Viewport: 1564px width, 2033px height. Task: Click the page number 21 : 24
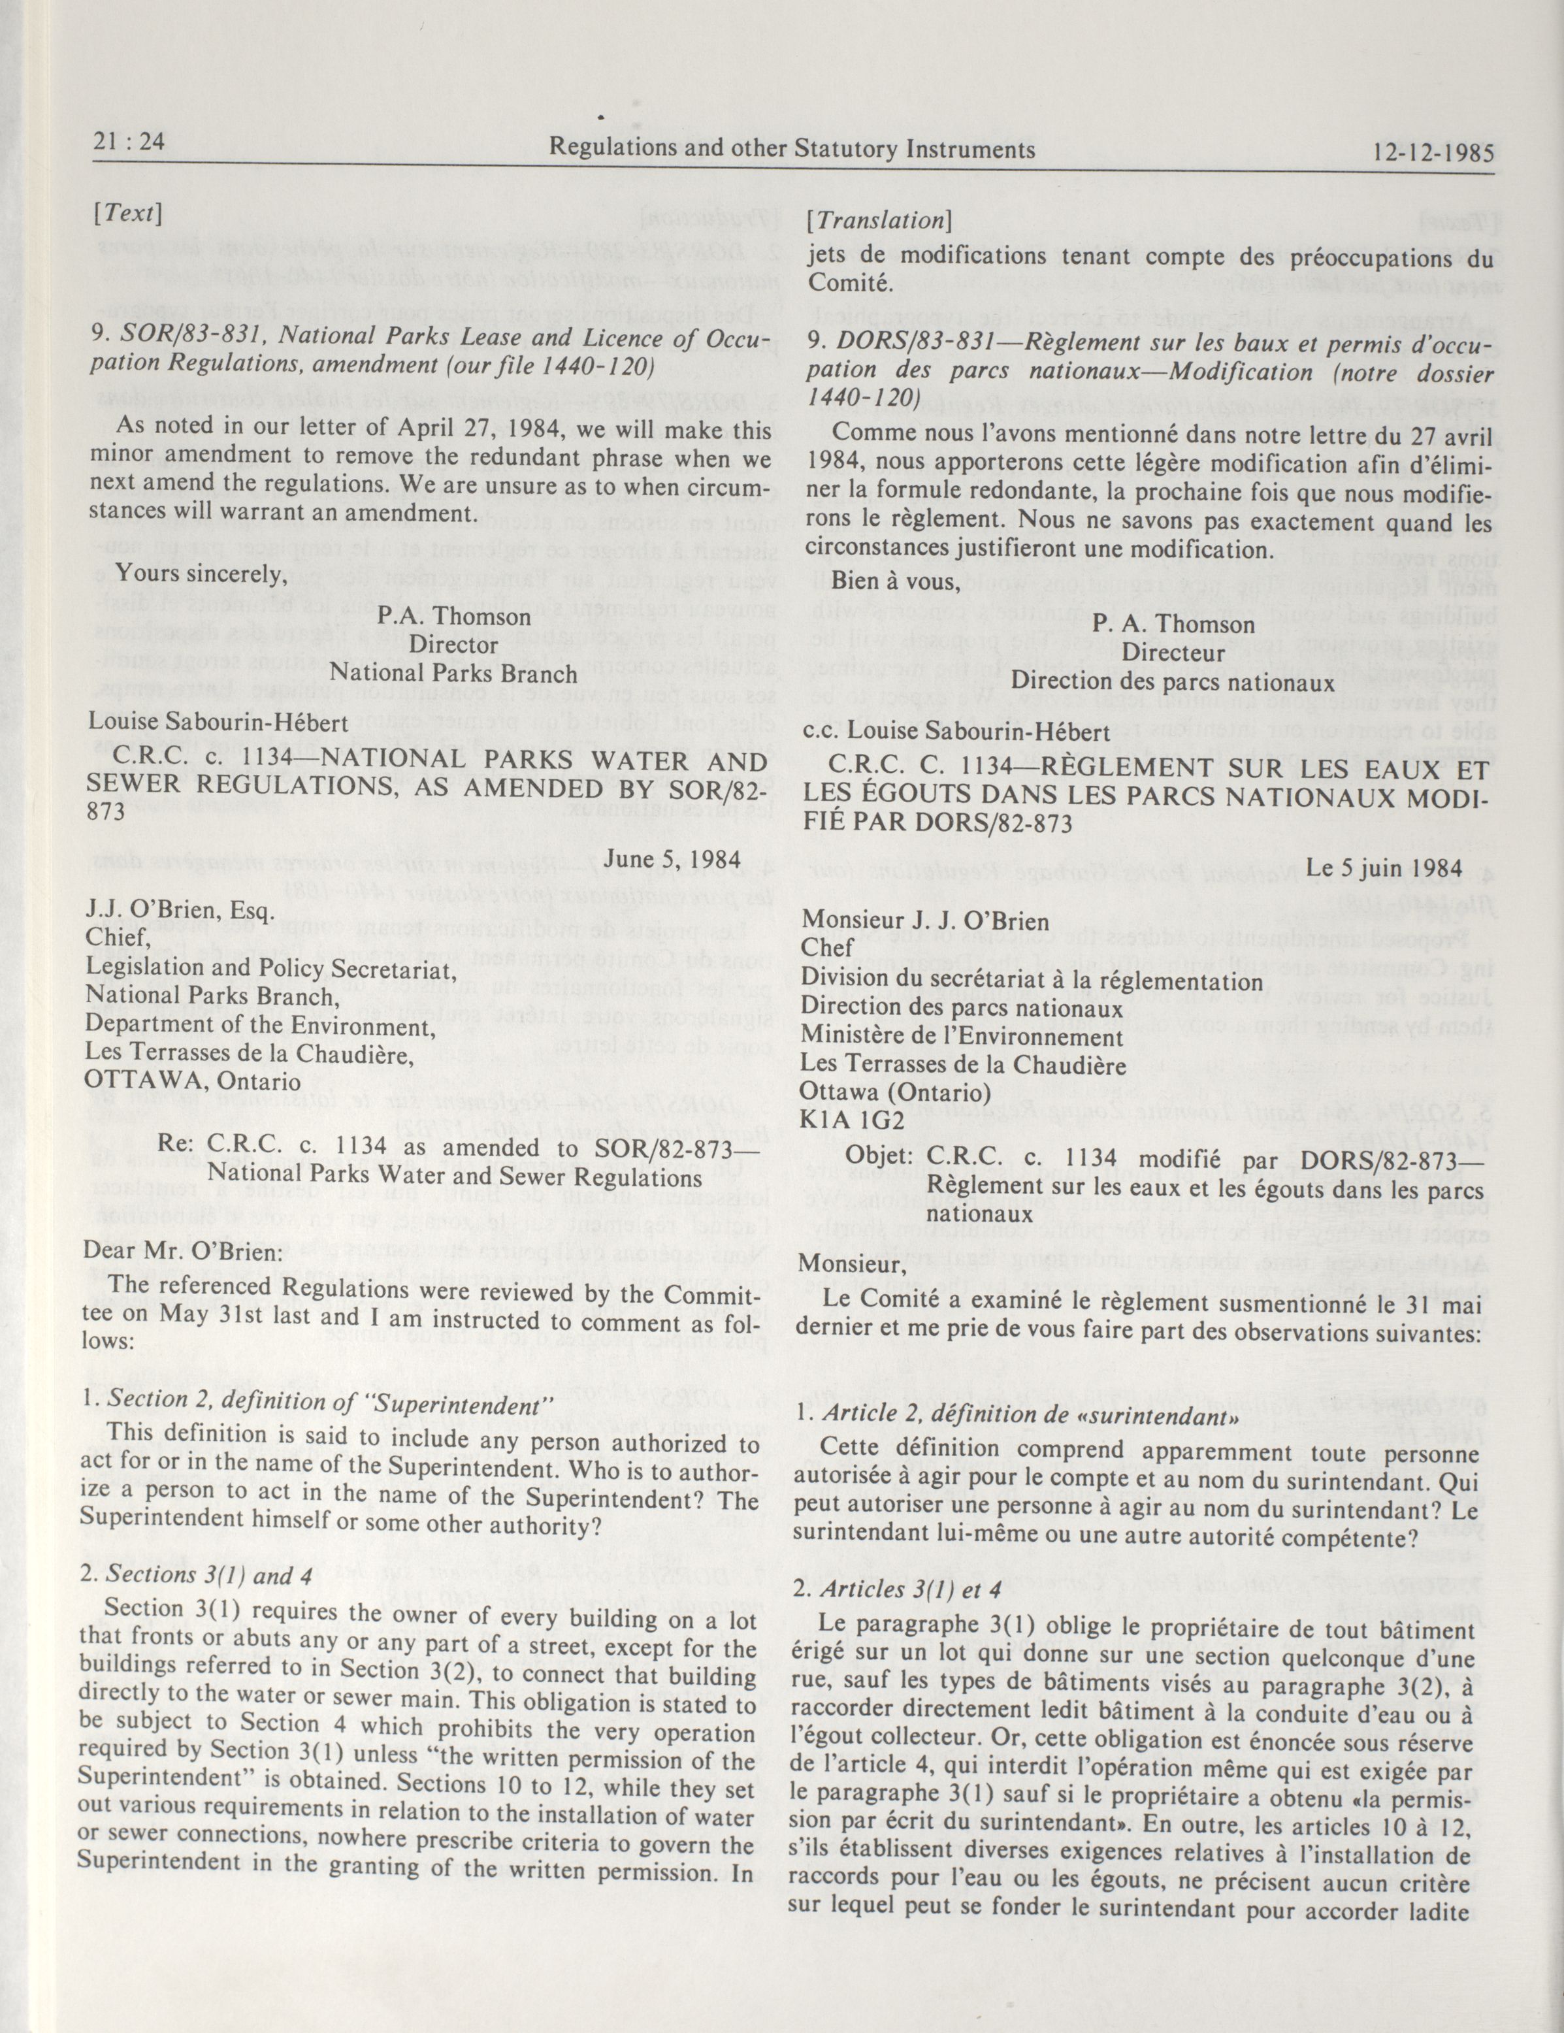pyautogui.click(x=129, y=142)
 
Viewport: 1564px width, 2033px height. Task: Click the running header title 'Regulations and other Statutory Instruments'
pyautogui.click(x=791, y=148)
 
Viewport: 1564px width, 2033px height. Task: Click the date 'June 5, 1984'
pyautogui.click(x=671, y=858)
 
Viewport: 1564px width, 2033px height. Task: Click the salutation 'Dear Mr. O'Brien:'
pyautogui.click(x=182, y=1250)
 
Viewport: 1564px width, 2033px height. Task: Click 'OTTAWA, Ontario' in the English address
pyautogui.click(x=193, y=1081)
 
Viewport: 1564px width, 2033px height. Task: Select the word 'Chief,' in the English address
pyautogui.click(x=118, y=937)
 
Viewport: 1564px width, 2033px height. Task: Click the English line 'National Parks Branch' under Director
pyautogui.click(x=453, y=672)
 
